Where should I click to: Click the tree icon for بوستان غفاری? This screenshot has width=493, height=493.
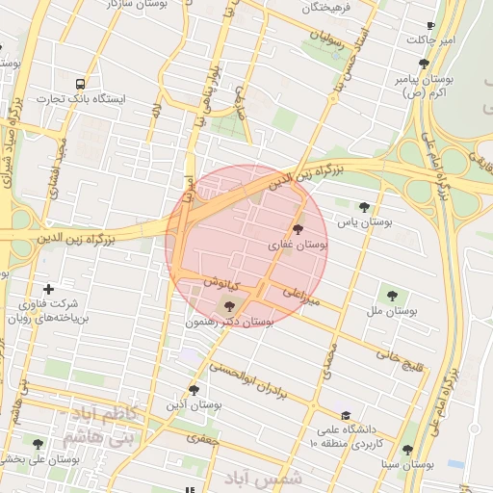point(297,229)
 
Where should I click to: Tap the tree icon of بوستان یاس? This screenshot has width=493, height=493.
point(364,206)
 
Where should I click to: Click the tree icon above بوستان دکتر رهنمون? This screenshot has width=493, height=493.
point(228,306)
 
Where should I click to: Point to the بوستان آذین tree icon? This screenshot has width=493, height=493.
point(194,390)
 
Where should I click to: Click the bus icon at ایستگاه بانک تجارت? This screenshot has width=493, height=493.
point(79,84)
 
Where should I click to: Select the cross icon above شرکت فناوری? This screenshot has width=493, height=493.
point(49,288)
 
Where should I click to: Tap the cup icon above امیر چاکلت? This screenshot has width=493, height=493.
point(430,26)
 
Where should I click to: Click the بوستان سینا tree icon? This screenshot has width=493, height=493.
point(408,450)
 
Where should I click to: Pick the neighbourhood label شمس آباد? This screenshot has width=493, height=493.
point(263,479)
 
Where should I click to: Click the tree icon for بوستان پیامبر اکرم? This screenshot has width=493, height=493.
point(425,64)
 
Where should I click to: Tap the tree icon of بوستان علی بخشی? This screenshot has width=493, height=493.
point(38,444)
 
